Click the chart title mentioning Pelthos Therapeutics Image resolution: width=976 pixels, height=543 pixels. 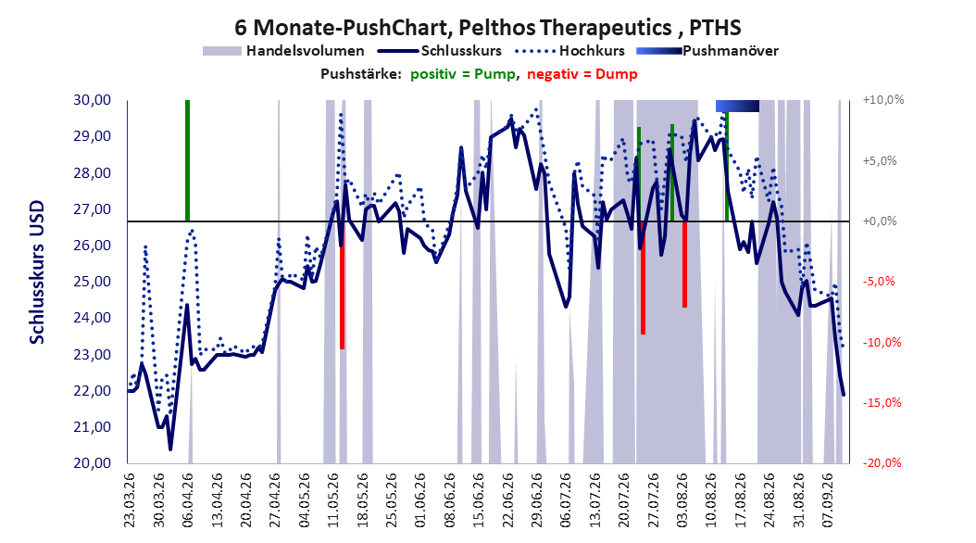point(487,28)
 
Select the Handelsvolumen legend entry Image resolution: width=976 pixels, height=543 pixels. point(284,51)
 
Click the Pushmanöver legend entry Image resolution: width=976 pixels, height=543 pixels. point(707,51)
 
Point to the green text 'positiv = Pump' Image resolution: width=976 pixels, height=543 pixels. point(463,74)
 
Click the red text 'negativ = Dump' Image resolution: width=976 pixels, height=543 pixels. point(582,74)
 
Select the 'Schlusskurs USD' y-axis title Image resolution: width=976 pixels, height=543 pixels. point(37,271)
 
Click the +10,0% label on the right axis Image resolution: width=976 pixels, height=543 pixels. point(883,100)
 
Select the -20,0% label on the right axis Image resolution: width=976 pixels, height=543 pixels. point(882,462)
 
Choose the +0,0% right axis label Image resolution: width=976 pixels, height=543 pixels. point(880,221)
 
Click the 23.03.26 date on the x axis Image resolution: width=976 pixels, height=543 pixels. point(130,500)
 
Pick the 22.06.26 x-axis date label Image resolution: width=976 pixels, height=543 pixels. point(508,500)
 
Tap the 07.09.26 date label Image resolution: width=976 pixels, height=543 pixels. point(829,500)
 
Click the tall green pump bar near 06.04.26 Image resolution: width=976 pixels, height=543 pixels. point(187,160)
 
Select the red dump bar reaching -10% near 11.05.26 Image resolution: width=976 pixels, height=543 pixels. point(343,285)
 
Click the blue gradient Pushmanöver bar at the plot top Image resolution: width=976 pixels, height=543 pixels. point(738,106)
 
